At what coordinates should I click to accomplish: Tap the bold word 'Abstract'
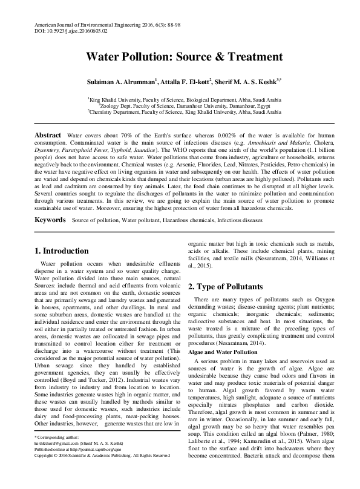coord(47,134)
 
